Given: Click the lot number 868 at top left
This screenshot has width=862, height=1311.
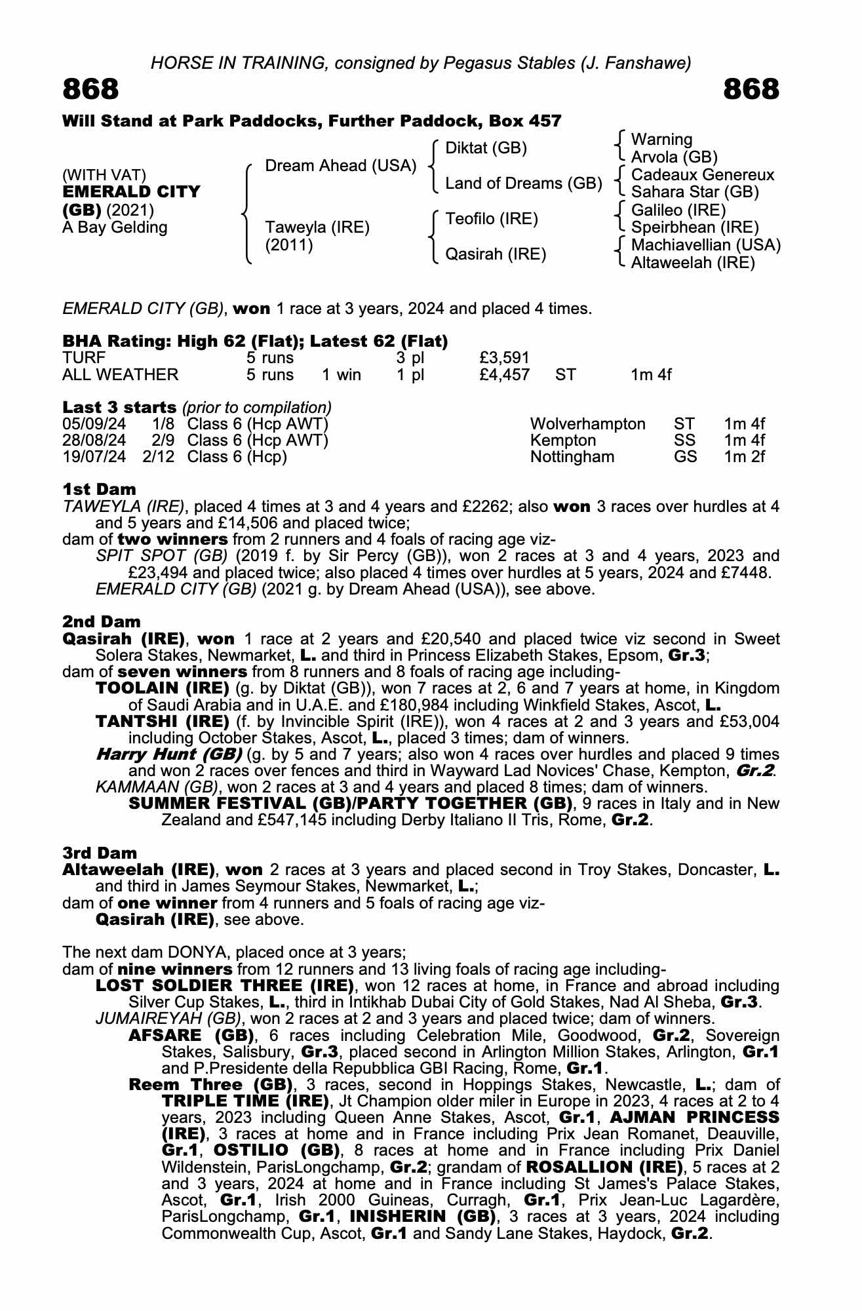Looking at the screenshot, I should (90, 89).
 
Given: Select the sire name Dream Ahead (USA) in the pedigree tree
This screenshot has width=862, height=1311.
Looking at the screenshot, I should (340, 166).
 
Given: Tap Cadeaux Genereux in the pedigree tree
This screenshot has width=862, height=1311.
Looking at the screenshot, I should (702, 175).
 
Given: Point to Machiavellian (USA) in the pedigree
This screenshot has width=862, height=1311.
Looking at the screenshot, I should (705, 245).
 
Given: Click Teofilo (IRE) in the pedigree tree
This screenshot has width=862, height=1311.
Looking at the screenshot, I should (491, 219).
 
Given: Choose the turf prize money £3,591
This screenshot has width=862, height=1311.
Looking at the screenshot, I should (504, 358).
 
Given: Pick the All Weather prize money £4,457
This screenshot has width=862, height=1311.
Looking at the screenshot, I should (504, 375).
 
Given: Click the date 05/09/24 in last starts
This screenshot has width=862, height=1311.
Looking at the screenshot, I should (94, 424).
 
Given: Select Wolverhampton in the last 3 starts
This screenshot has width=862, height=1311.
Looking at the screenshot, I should (587, 424).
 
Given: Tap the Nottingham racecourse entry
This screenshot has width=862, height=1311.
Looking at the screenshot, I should (572, 457).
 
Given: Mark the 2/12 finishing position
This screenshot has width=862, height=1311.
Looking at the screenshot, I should (159, 457).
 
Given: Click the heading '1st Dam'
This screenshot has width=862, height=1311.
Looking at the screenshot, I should (99, 490).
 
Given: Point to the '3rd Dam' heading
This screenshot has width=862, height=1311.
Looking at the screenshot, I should (100, 853).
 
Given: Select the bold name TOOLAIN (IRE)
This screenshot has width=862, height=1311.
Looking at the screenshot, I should (162, 688).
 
